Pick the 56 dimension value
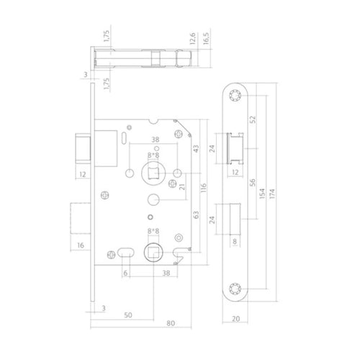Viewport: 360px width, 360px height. (x=250, y=184)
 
